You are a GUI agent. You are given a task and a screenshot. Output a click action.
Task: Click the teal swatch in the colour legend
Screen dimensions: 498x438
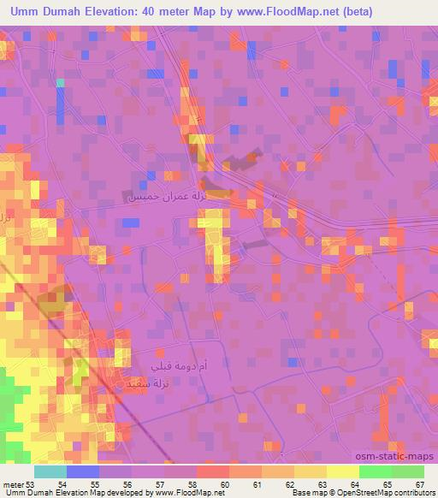[x=50, y=471]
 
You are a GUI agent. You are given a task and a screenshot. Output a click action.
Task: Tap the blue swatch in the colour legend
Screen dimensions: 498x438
[x=82, y=471]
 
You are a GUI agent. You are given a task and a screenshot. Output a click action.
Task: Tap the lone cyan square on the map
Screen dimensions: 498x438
[x=61, y=83]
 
